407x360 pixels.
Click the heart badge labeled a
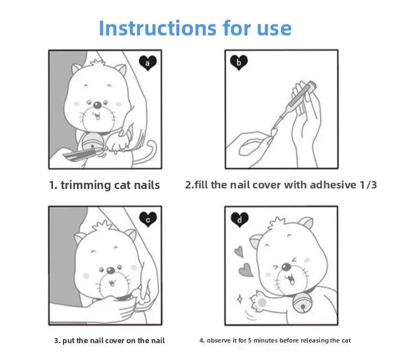point(148,63)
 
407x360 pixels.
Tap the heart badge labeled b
point(239,63)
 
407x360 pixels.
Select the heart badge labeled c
point(148,220)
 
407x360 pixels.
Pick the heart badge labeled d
point(239,220)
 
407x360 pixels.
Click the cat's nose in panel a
point(97,105)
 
